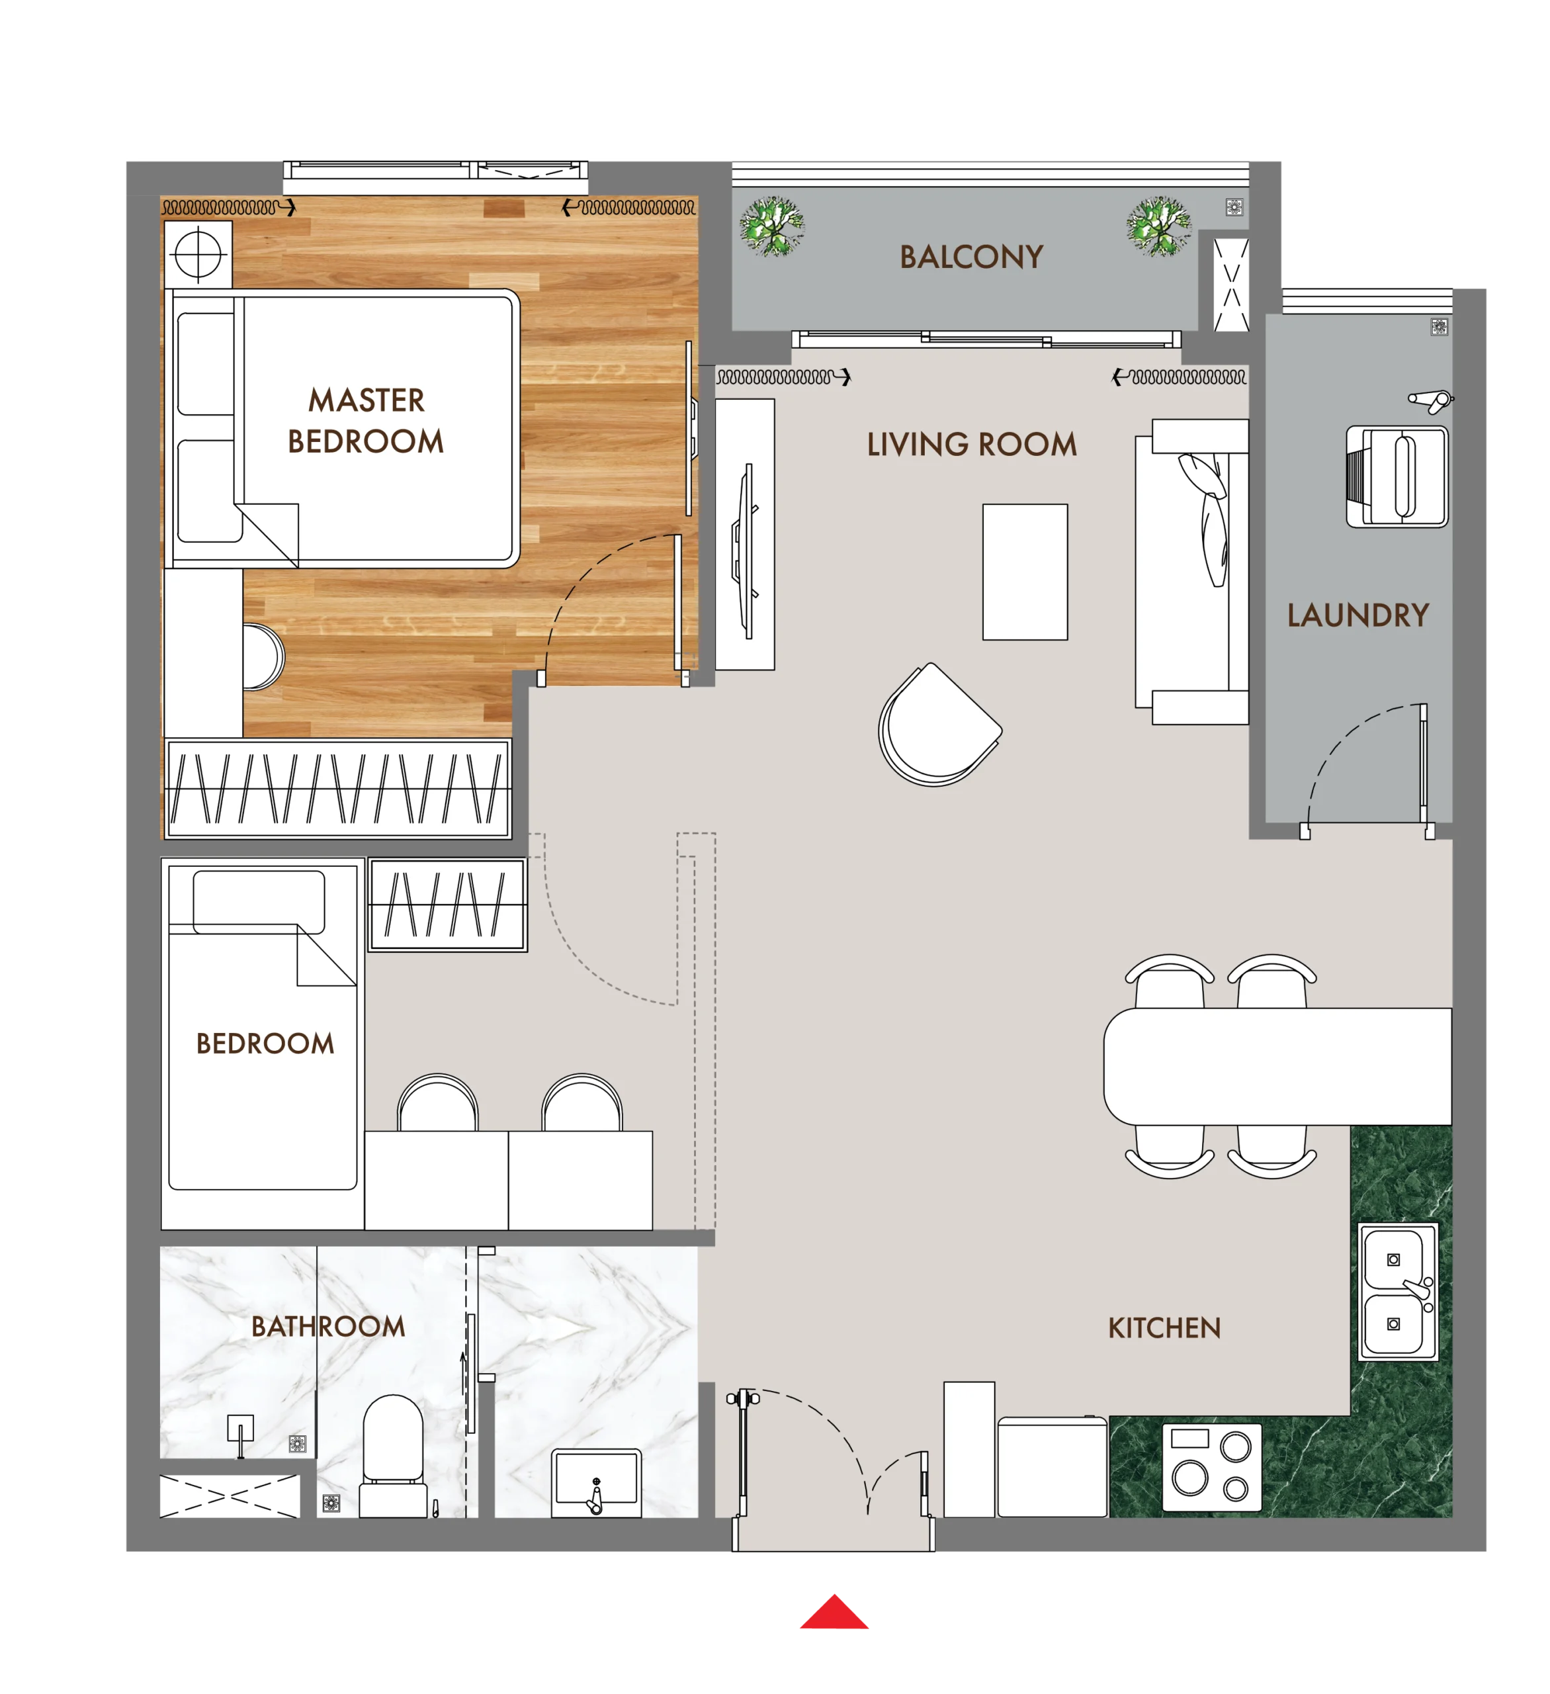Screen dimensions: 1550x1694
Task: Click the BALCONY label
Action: coord(971,256)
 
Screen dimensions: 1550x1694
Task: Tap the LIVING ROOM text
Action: coord(971,445)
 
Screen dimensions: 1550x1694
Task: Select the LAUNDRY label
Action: coord(1357,615)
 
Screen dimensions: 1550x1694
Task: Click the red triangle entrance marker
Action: coord(834,1613)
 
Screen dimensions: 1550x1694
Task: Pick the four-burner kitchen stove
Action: coord(1211,1467)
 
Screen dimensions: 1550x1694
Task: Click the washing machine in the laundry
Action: coord(1397,476)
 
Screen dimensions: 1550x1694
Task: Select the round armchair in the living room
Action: coord(938,725)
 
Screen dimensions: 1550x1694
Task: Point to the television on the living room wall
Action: coord(745,551)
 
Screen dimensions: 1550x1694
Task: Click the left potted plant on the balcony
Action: coord(771,225)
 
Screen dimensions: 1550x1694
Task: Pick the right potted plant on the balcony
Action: coord(1158,225)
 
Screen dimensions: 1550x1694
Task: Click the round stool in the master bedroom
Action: coord(264,657)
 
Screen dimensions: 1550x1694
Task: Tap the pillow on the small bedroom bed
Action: coord(259,903)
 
